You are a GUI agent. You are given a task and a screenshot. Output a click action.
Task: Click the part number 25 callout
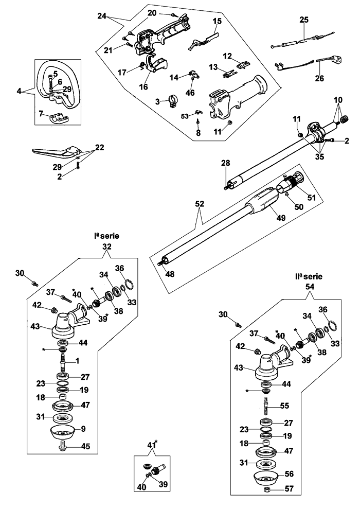[x=304, y=20]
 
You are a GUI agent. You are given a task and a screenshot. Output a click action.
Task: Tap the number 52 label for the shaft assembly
[x=200, y=204]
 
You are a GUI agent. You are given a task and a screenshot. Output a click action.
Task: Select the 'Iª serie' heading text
[x=106, y=236]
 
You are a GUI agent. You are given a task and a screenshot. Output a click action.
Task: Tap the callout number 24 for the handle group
[x=102, y=16]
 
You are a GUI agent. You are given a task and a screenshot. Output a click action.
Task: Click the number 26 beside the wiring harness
[x=319, y=79]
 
